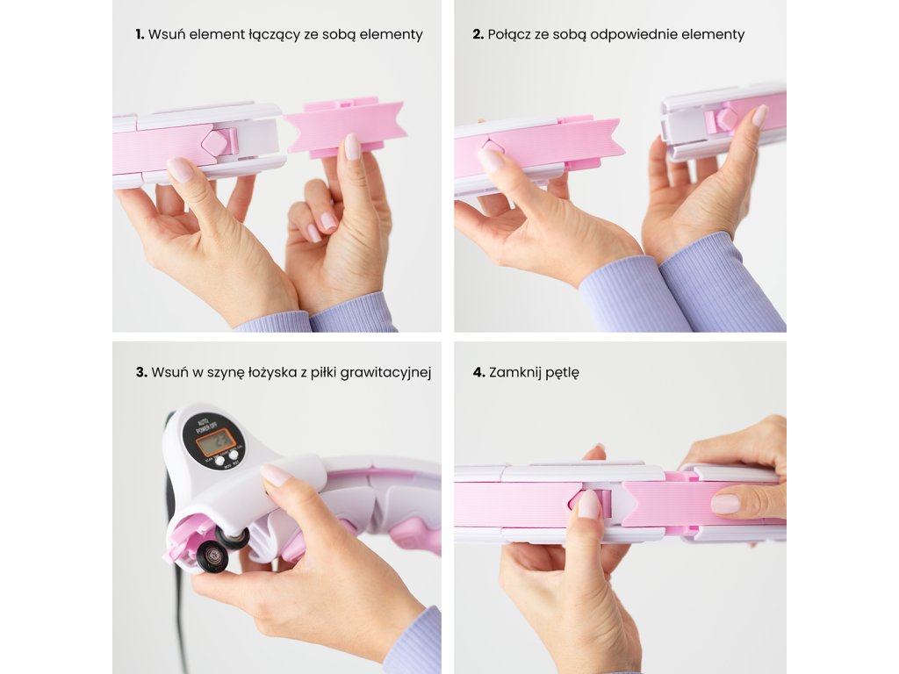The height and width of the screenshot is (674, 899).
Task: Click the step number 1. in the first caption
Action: click(x=140, y=34)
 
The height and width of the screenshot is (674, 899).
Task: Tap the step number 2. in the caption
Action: click(x=478, y=34)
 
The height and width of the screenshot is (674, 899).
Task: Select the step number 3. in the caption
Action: click(x=141, y=372)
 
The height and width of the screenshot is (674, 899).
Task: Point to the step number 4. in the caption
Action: click(x=479, y=372)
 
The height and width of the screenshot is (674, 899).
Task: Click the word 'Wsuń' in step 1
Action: click(x=166, y=34)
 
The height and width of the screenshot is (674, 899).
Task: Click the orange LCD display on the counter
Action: click(x=215, y=442)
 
